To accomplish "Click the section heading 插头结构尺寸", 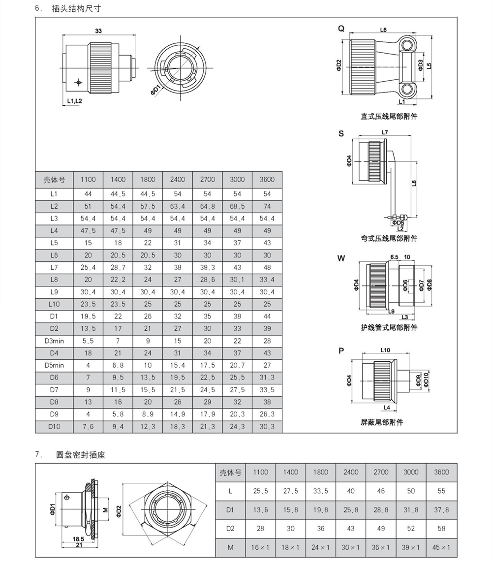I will coord(76,9).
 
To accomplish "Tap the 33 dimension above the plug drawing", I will coord(98,31).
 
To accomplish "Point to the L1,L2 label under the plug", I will coord(74,101).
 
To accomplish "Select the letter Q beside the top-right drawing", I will coord(340,29).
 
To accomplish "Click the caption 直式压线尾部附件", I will coord(389,117).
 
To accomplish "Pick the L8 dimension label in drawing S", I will coord(414,184).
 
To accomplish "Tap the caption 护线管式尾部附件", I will coord(389,327).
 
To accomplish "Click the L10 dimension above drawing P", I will coord(385,350).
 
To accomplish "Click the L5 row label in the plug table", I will coord(54,243).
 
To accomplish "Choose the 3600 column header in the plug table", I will coord(267,179).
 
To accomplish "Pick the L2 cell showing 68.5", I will coord(237,206).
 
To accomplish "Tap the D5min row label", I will coord(54,365).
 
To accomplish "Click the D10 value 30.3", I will coord(267,427).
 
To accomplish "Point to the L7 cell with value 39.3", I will coord(208,267).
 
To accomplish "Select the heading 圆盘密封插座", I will coord(81,455).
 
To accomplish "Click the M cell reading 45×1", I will coord(441,547).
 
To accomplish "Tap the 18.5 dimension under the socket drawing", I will coord(79,539).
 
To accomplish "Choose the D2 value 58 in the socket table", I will coord(441,529).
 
